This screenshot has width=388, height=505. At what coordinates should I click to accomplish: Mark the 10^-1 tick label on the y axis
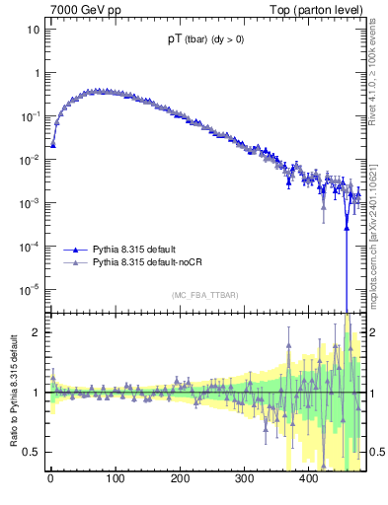tap(32, 116)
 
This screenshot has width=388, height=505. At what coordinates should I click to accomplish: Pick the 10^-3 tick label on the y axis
tap(32, 203)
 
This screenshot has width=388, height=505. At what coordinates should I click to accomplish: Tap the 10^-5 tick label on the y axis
tap(32, 289)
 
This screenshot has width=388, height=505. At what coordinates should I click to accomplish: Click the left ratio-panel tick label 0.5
tap(33, 452)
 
